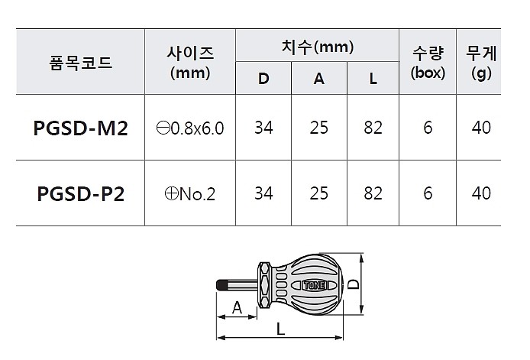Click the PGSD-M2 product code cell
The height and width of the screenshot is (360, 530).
pyautogui.click(x=80, y=128)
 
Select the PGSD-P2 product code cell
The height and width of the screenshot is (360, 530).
pyautogui.click(x=80, y=193)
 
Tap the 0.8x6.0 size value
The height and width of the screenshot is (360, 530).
pyautogui.click(x=190, y=128)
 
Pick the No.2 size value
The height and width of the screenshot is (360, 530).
pyautogui.click(x=190, y=194)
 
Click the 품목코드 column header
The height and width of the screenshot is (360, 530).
pyautogui.click(x=80, y=63)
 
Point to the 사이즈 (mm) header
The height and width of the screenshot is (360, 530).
pyautogui.click(x=190, y=63)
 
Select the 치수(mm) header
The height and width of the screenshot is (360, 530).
pyautogui.click(x=317, y=47)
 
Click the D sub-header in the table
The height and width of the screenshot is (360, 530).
pyautogui.click(x=263, y=78)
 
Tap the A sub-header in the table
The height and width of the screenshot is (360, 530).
pyautogui.click(x=318, y=78)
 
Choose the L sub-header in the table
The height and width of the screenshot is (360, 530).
pyautogui.click(x=373, y=78)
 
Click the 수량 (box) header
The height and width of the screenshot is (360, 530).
pyautogui.click(x=428, y=63)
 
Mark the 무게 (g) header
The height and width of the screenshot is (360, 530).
pyautogui.click(x=481, y=63)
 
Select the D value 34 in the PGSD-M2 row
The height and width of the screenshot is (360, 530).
pyautogui.click(x=263, y=128)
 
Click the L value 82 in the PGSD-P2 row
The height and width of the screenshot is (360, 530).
pyautogui.click(x=373, y=193)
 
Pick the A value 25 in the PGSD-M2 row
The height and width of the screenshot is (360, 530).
pyautogui.click(x=318, y=128)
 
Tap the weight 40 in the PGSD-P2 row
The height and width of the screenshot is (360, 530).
pyautogui.click(x=481, y=193)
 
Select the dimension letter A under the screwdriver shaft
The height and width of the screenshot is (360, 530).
pyautogui.click(x=237, y=307)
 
